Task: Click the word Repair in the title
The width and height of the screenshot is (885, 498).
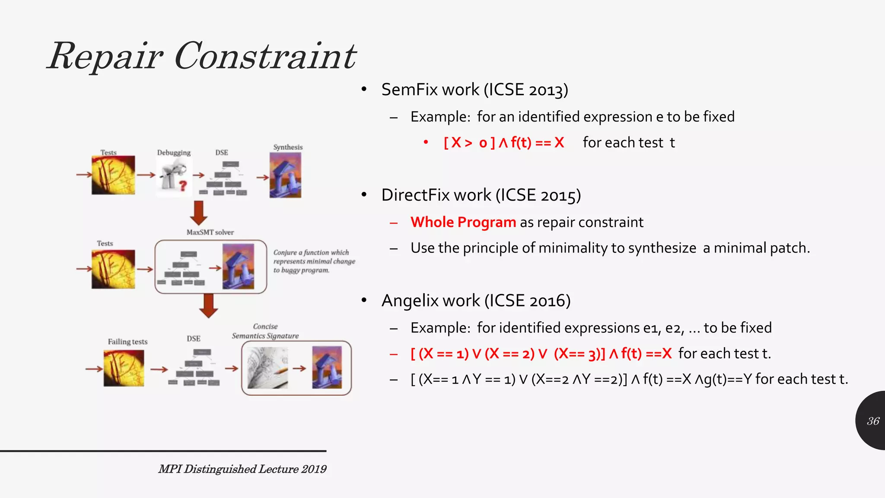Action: point(105,56)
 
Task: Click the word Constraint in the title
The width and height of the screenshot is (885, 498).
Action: point(265,56)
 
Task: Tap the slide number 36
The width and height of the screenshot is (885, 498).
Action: point(873,421)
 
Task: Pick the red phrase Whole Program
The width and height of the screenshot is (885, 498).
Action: point(463,222)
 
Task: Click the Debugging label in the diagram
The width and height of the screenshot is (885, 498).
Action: point(174,153)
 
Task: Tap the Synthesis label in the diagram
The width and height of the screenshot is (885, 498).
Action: point(288,147)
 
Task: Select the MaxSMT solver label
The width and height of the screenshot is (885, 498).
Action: point(210,232)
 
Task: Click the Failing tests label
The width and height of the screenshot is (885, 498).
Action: point(127,342)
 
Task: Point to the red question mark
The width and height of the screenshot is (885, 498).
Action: point(183,185)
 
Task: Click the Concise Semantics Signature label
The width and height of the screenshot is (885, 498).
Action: point(265,331)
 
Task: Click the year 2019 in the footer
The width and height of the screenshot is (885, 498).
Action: point(314,469)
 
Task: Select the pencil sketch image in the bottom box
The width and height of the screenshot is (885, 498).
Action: point(267,368)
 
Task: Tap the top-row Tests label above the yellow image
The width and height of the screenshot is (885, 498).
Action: point(108,153)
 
